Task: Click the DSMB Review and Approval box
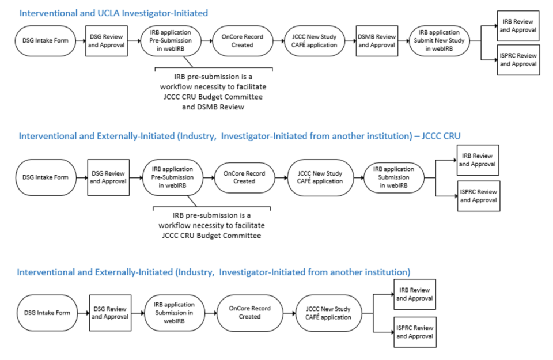tap(376, 41)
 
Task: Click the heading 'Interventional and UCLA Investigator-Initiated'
tap(113, 13)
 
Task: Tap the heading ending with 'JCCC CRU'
tap(240, 136)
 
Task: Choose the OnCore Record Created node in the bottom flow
tap(250, 313)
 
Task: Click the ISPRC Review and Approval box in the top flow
tap(518, 59)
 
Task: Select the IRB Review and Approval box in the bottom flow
tap(415, 294)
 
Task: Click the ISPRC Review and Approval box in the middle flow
tap(478, 196)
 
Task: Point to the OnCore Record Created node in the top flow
tap(241, 41)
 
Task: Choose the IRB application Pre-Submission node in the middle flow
tap(172, 177)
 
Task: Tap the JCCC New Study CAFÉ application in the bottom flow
tap(328, 313)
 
